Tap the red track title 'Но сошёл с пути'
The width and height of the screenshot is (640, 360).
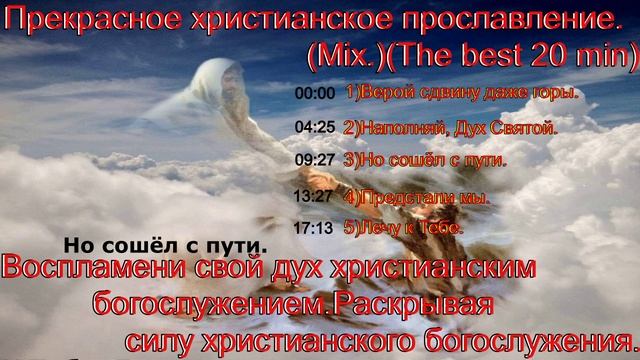424,159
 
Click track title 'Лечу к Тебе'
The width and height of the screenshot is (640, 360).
403,229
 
